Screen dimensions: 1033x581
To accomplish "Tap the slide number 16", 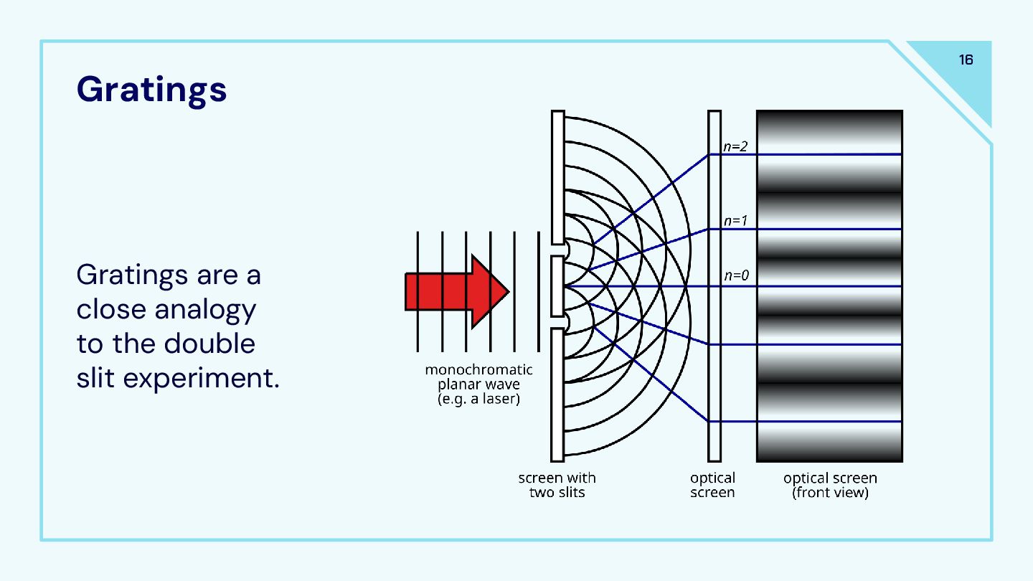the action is (x=966, y=60).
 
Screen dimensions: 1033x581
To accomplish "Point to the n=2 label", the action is (x=735, y=146).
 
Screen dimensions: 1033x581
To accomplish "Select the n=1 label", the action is (x=735, y=221).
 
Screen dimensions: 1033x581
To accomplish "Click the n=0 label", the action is (x=735, y=276).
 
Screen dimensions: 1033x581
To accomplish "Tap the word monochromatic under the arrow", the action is (x=478, y=370).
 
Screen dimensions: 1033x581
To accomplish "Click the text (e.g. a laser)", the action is (x=478, y=399).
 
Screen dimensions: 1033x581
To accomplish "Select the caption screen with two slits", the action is (x=557, y=485).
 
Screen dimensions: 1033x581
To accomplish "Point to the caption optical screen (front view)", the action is (x=830, y=485).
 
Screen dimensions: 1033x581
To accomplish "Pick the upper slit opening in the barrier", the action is (x=558, y=250).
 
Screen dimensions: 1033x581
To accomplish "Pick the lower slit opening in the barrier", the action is (x=558, y=323).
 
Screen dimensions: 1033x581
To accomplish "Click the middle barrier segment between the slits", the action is (x=557, y=286).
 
